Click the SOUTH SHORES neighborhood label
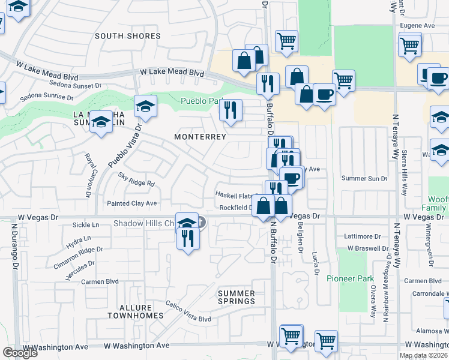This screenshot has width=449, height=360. click(x=128, y=36)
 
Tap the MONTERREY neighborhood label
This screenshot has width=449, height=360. click(x=200, y=137)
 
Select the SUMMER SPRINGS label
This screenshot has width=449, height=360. click(x=236, y=297)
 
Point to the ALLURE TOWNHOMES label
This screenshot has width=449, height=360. click(x=136, y=311)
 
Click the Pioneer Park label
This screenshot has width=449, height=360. click(x=350, y=278)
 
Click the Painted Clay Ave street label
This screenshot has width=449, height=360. click(x=131, y=203)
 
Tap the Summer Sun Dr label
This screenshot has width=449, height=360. click(x=364, y=178)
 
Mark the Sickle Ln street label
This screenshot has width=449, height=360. click(x=85, y=225)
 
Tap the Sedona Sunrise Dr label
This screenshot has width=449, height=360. click(x=46, y=97)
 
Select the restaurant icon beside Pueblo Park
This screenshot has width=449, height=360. click(x=230, y=110)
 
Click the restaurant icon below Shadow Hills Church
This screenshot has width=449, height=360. click(x=188, y=239)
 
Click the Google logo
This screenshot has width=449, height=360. click(x=20, y=352)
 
